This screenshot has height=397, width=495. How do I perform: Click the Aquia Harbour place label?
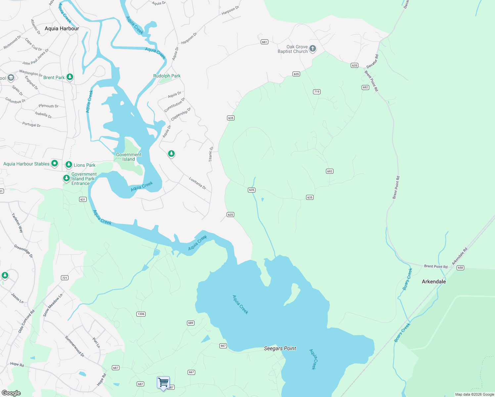tap(62, 28)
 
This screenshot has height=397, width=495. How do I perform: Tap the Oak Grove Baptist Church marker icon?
tap(312, 49)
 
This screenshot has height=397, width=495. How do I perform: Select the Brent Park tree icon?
tap(69, 77)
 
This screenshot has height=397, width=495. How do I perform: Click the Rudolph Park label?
tap(167, 76)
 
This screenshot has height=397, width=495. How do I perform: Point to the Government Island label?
tap(129, 157)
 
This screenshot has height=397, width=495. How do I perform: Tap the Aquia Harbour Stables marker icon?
tap(55, 163)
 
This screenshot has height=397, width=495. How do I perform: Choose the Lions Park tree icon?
tap(68, 164)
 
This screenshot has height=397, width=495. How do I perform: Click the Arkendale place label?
tap(433, 282)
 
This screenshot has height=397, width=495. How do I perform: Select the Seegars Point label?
tap(280, 348)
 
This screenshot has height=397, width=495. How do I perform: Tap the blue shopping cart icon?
tap(163, 382)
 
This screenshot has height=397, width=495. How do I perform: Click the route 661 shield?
tap(264, 42)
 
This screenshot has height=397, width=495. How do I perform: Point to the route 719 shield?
tap(317, 92)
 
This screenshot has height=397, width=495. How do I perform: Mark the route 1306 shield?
tap(141, 314)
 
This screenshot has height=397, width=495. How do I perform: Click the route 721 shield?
tap(65, 278)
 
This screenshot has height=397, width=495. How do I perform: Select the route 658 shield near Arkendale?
tap(460, 268)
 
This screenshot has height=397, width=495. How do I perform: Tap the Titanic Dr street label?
tap(211, 154)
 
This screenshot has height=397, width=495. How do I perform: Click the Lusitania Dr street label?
tap(198, 183)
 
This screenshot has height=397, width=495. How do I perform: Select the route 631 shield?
tap(83, 199)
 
